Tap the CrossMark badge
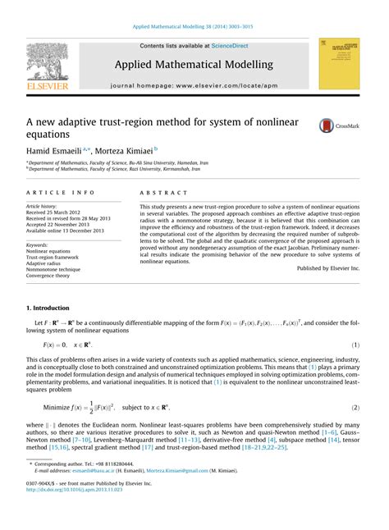pyautogui.click(x=336, y=126)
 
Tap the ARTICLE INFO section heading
pyautogui.click(x=60, y=191)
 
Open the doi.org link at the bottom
pyautogui.click(x=77, y=512)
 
